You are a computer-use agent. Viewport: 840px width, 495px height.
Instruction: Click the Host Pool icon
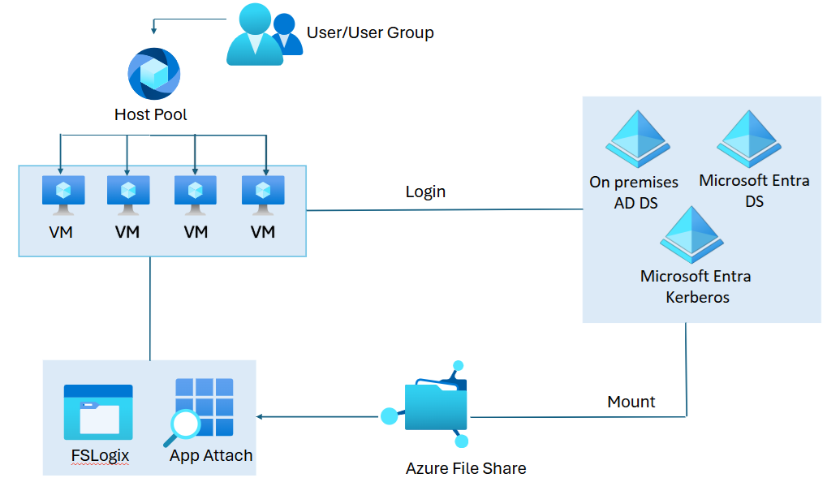[154, 74]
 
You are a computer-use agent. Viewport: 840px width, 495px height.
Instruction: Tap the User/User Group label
[370, 33]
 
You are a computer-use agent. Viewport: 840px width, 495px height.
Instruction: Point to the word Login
[425, 192]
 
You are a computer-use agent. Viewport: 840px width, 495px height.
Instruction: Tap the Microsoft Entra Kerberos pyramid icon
[692, 234]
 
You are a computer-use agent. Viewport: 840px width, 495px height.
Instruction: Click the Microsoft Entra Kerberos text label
[696, 286]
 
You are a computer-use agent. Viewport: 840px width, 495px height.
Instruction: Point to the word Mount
[631, 402]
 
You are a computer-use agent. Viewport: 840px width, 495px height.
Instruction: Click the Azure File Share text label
[466, 468]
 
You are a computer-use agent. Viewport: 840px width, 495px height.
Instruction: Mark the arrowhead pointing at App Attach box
[261, 417]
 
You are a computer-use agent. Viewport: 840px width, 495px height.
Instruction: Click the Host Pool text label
[151, 114]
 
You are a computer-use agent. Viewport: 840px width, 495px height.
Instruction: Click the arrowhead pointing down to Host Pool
[154, 31]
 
